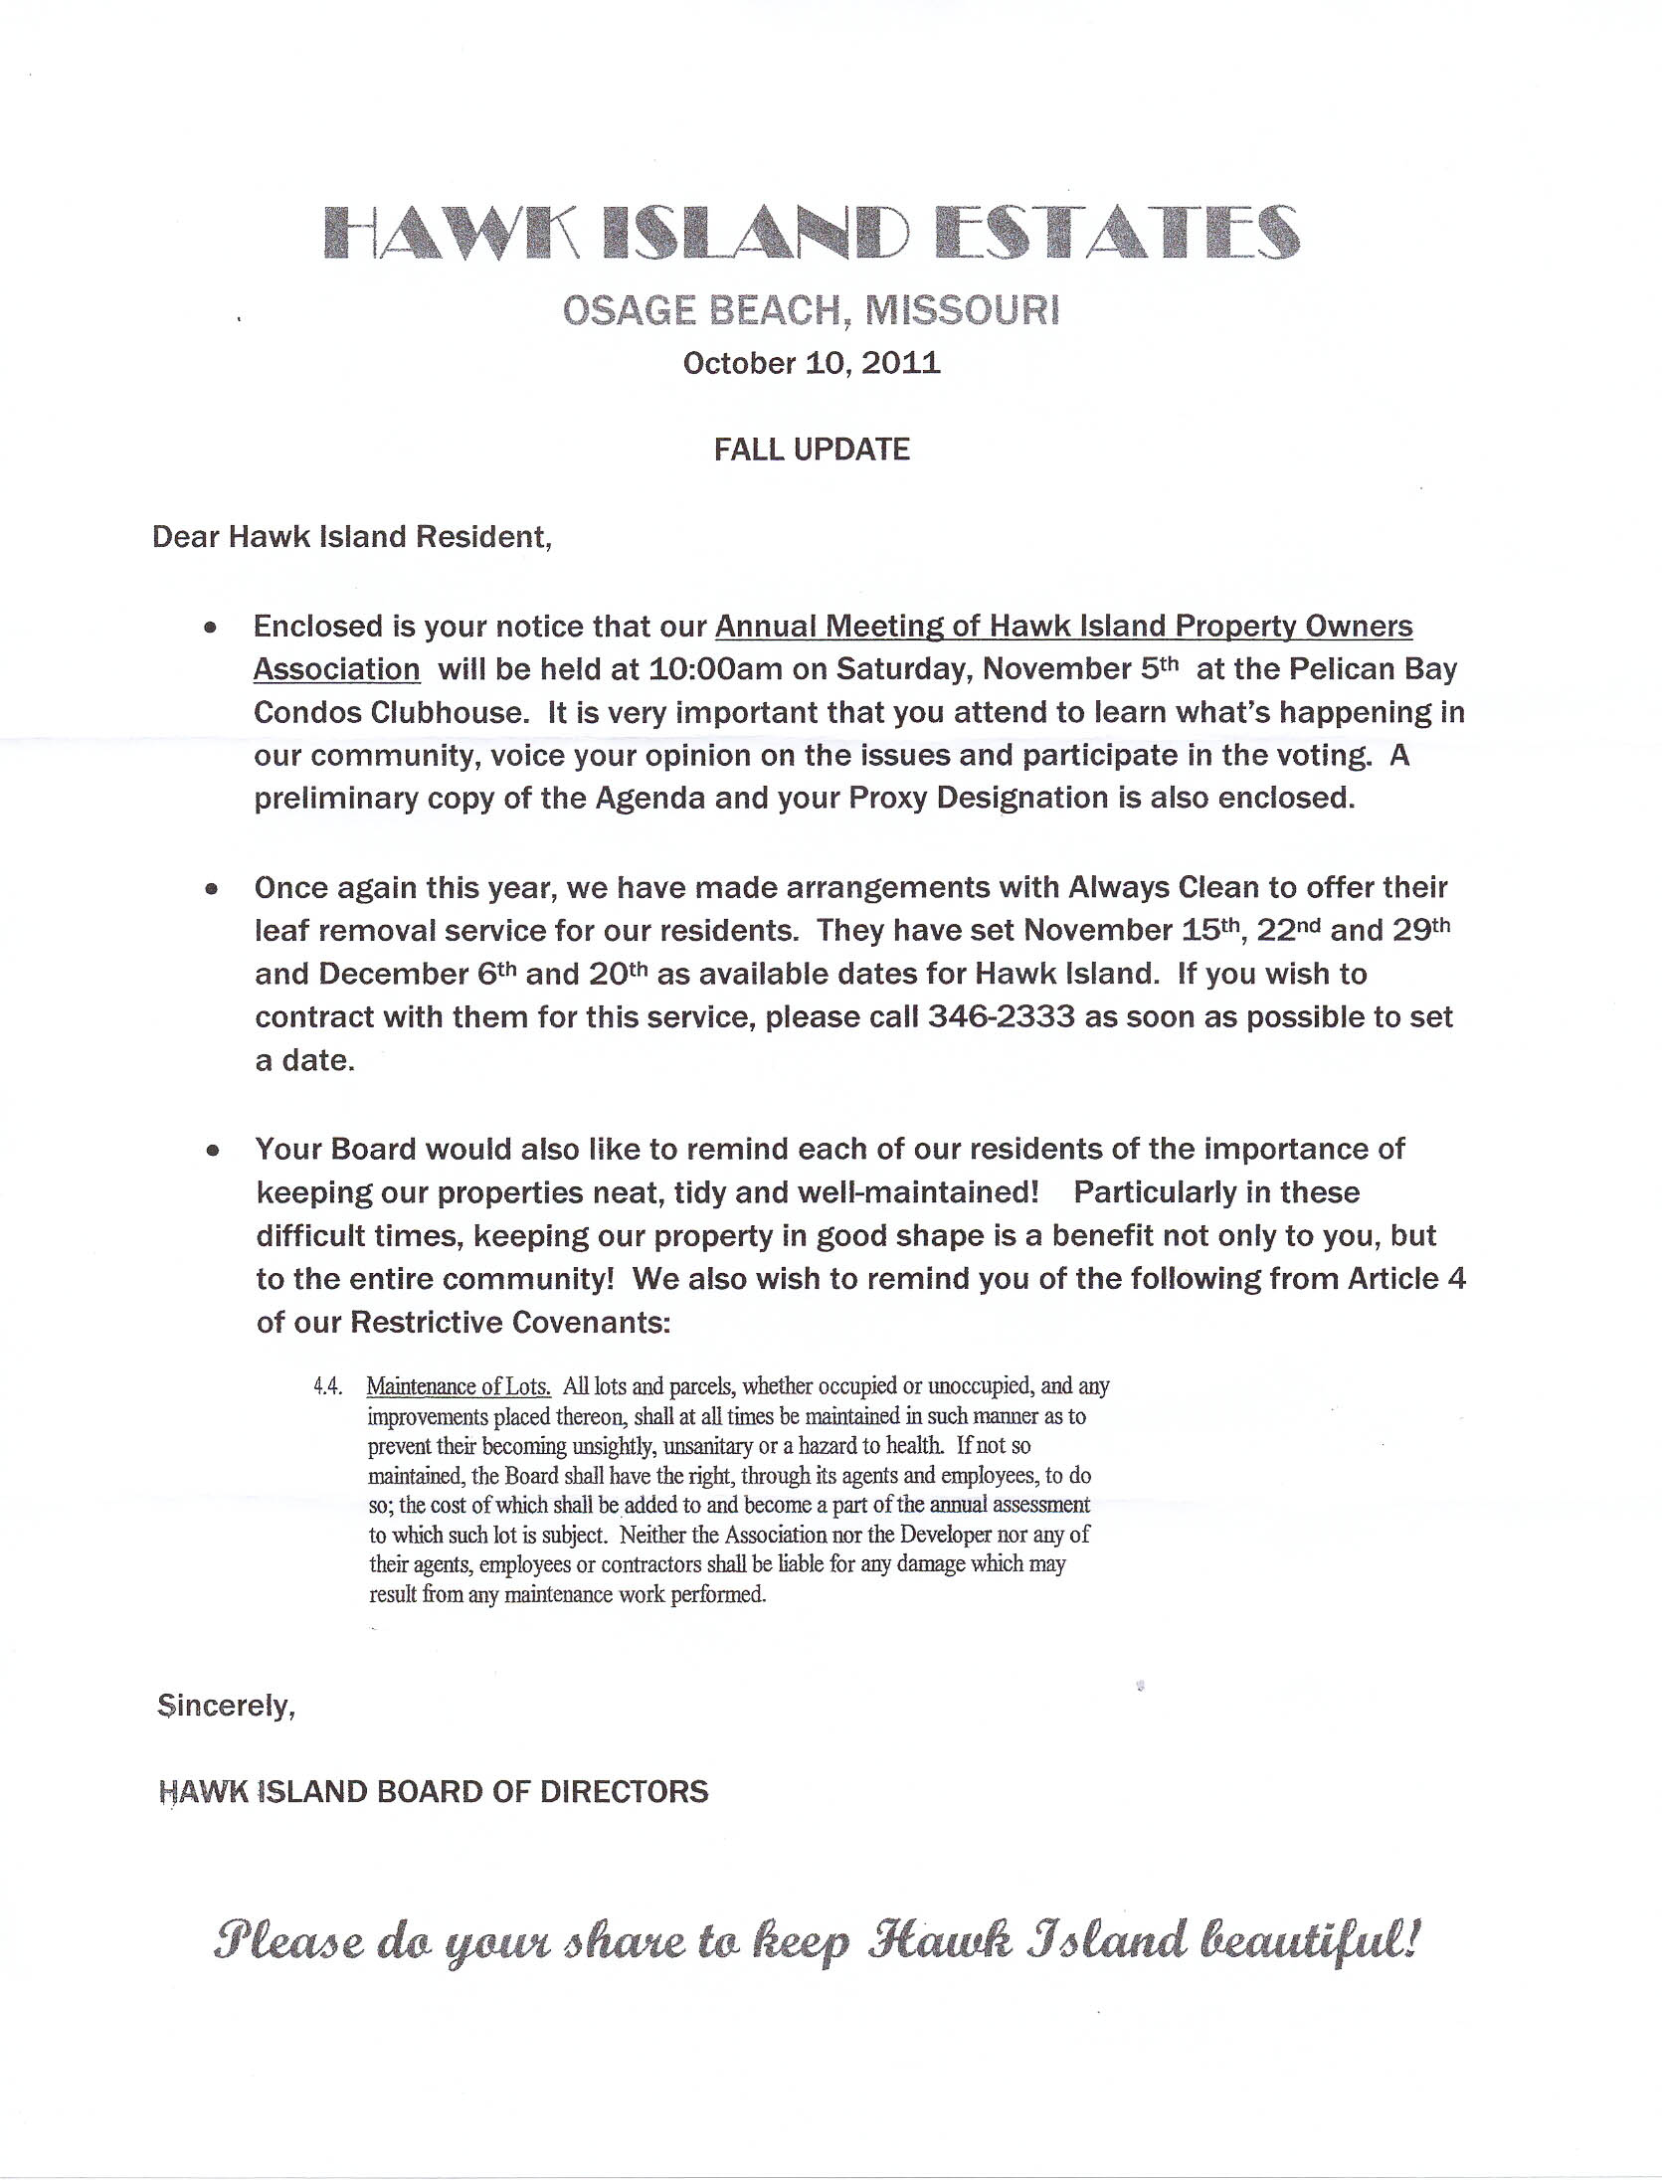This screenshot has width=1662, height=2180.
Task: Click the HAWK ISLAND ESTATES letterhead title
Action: click(812, 234)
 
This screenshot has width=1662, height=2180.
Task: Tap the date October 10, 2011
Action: click(812, 363)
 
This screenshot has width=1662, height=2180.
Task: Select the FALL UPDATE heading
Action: click(812, 450)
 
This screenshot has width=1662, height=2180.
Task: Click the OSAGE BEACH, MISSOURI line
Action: click(812, 311)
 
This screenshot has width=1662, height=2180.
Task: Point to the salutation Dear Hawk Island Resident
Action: click(351, 537)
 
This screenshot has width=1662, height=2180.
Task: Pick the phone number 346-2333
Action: click(1002, 1017)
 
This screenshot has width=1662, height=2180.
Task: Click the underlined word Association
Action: click(336, 669)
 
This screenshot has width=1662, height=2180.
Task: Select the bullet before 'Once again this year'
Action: click(210, 888)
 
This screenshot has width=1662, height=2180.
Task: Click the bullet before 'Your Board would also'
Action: click(211, 1151)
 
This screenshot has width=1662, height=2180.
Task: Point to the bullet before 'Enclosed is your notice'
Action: click(210, 628)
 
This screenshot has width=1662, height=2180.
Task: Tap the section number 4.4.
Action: click(328, 1386)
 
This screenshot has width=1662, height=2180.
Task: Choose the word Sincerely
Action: click(226, 1707)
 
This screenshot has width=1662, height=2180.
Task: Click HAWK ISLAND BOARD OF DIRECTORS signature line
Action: click(434, 1792)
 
